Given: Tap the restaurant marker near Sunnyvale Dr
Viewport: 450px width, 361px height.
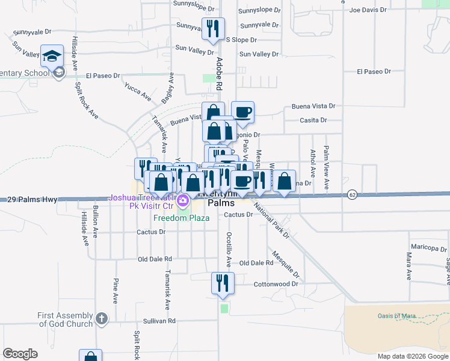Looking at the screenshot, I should coord(213,29).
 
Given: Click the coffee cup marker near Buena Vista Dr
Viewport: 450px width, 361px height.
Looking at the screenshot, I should coord(242,113).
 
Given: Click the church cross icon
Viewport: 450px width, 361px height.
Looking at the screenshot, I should coord(102,318).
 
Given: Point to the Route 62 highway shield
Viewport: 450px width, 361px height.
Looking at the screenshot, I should coord(353,194).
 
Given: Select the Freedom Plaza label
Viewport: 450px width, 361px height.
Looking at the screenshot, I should coord(181,218).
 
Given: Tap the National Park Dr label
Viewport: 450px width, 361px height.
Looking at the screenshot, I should coord(272,221).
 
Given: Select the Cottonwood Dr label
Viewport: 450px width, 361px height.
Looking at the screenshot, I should coord(276,284).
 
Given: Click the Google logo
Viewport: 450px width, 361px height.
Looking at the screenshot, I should coord(20,354).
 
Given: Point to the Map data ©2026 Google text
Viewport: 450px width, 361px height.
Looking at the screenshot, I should coord(412,356).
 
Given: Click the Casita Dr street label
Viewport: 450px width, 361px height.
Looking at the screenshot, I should coord(313,120).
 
